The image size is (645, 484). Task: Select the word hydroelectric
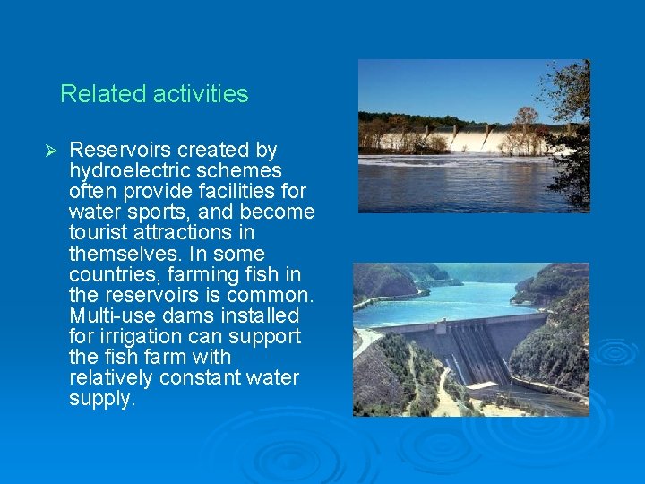coord(130,170)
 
